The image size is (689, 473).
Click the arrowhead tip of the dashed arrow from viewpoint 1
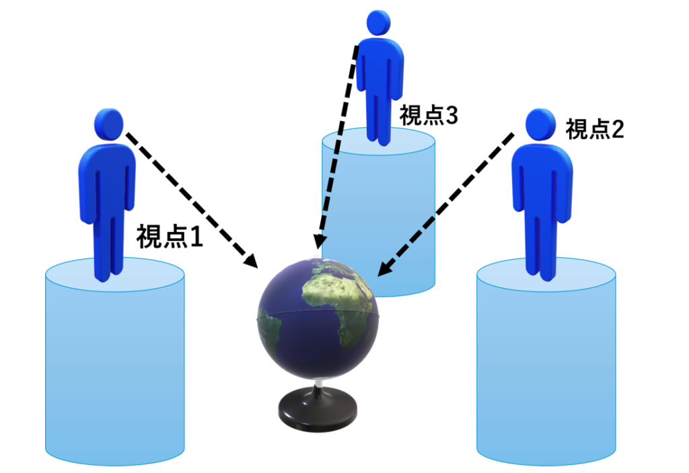tap(258, 267)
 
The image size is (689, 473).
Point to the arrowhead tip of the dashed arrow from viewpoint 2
tap(378, 277)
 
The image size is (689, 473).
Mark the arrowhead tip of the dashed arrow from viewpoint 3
tap(318, 250)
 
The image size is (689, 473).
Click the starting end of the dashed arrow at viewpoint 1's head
tap(127, 134)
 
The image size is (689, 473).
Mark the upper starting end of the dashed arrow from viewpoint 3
tap(357, 46)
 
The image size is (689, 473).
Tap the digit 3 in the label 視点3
tap(451, 116)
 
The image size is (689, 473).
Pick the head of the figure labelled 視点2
tap(541, 125)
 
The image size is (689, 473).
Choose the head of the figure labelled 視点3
tap(378, 23)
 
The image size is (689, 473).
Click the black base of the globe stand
tap(318, 410)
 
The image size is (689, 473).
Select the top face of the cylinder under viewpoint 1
tap(114, 275)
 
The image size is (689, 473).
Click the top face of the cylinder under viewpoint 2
tap(546, 275)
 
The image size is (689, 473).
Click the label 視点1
tap(169, 236)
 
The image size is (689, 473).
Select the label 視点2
tap(595, 129)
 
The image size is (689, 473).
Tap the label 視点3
tap(429, 116)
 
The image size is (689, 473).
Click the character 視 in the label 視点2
tap(576, 129)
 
